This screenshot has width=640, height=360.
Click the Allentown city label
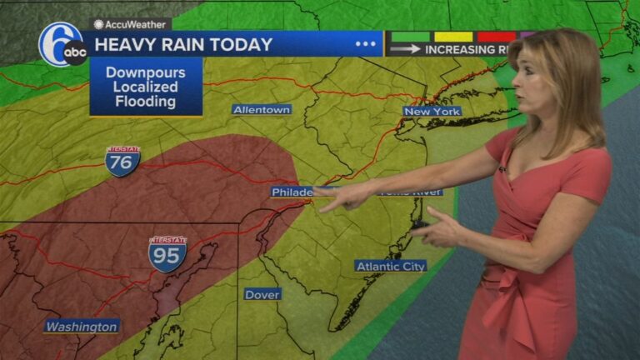tap(262, 109)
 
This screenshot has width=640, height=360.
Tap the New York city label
tap(432, 111)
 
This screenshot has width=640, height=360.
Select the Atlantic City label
tap(391, 266)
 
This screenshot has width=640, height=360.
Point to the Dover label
tap(262, 294)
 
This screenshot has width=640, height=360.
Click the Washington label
tap(82, 327)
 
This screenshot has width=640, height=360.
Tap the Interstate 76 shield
tap(122, 161)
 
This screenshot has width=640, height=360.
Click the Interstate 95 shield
tap(167, 254)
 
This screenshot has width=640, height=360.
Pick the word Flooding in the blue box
tap(146, 102)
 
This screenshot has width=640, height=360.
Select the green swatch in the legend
tap(412, 37)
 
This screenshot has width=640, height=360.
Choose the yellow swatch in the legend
tap(453, 37)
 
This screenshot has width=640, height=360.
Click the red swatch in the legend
tap(497, 37)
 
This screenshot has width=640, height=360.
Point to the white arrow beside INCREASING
tap(405, 49)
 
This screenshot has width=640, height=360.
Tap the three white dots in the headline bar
tap(366, 43)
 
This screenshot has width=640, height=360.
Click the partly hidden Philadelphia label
tap(292, 192)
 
